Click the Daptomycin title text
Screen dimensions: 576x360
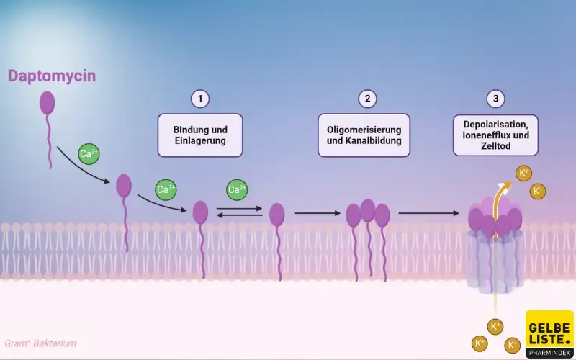point(52,76)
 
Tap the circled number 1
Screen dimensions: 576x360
point(200,99)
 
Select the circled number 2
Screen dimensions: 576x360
point(367,99)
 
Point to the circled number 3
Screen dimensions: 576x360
point(495,99)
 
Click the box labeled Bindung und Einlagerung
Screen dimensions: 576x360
point(200,135)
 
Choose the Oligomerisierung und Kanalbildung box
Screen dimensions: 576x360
point(364,135)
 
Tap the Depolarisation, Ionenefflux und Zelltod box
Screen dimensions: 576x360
point(495,135)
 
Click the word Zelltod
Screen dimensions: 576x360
point(495,146)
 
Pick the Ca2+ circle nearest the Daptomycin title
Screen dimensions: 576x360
point(89,154)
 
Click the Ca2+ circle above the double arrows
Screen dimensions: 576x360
point(237,189)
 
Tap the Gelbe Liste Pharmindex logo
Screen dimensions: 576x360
point(549,334)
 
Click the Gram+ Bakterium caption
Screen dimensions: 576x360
point(40,343)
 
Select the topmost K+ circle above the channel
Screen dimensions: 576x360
point(523,174)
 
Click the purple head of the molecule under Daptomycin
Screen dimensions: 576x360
point(47,103)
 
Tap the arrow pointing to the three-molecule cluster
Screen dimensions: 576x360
point(318,213)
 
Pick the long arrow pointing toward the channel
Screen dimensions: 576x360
point(428,213)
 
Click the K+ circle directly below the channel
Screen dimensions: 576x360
point(495,327)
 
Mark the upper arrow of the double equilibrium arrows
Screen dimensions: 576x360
point(239,208)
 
